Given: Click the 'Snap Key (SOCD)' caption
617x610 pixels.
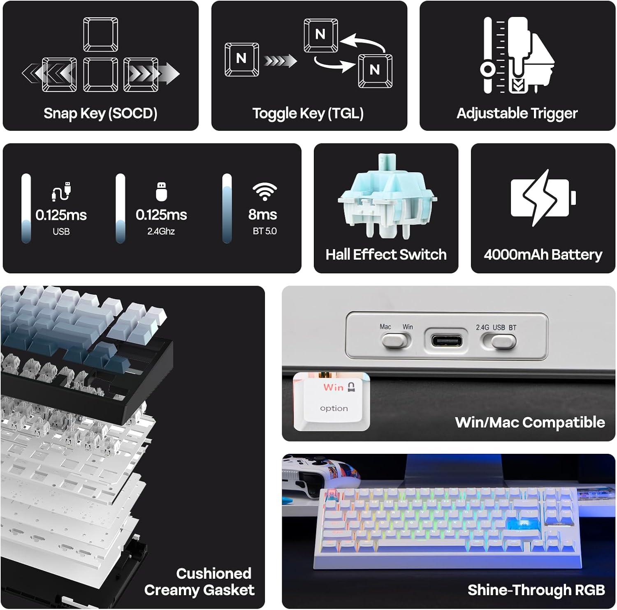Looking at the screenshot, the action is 100,113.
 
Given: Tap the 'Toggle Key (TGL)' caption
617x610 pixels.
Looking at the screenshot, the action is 308,113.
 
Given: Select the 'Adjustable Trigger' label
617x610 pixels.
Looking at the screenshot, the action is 517,113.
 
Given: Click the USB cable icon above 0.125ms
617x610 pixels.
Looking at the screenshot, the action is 61,192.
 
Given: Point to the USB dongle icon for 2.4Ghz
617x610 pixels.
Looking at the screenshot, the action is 162,192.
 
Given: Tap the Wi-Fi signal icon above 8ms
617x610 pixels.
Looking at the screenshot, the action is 264,192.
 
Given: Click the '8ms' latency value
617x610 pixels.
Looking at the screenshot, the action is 262,215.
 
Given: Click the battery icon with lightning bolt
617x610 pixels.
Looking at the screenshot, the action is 543,198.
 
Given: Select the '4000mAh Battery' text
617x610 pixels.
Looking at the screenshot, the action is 543,255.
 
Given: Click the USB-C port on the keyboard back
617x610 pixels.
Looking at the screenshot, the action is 447,341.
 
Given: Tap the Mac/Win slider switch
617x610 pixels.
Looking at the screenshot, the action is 396,340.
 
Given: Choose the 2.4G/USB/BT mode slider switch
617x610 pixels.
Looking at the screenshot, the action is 499,341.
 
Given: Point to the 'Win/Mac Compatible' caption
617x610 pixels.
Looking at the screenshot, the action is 530,423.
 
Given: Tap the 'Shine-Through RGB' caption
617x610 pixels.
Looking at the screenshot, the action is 536,590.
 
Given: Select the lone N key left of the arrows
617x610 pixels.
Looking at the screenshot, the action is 242,59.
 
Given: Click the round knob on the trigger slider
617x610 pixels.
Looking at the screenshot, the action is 488,69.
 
